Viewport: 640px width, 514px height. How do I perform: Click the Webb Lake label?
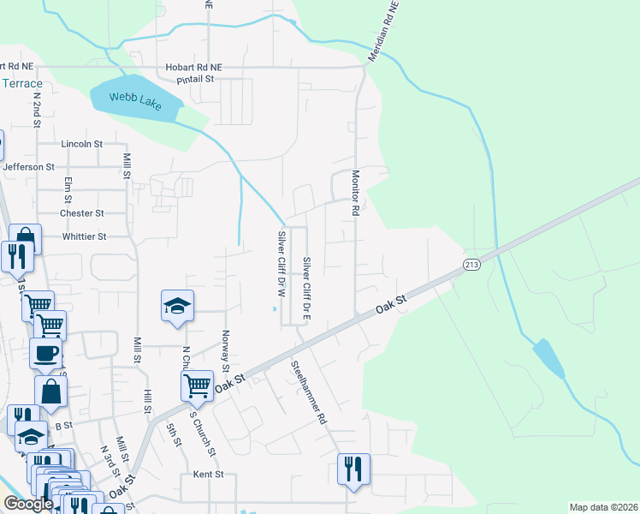[127, 92]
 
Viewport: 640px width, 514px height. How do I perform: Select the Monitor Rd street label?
[355, 192]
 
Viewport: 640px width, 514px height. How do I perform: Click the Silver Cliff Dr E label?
[306, 286]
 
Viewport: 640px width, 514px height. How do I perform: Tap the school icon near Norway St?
[177, 307]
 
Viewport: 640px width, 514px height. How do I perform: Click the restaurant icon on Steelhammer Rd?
[353, 470]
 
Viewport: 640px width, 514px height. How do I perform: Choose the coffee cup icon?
[45, 353]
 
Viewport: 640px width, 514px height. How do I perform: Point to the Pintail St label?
[194, 79]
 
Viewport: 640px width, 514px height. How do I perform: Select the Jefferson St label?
[29, 167]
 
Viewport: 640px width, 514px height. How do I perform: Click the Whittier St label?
[84, 236]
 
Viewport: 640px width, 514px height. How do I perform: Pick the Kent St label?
[208, 474]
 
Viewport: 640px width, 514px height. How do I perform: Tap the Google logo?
[28, 505]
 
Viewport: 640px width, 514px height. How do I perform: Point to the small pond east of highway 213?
[549, 358]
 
